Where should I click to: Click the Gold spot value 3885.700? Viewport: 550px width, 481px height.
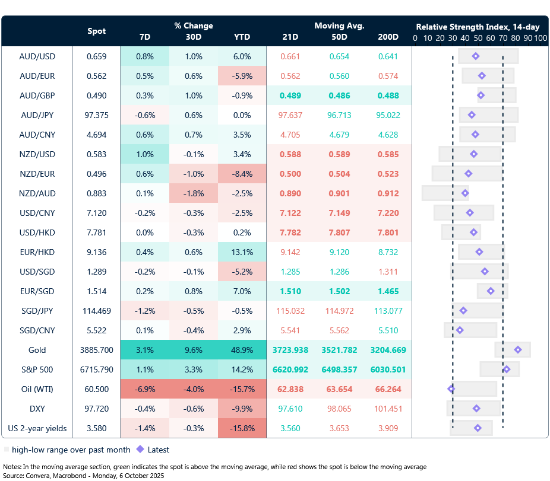(x=97, y=350)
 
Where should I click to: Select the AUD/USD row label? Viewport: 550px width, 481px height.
(x=37, y=56)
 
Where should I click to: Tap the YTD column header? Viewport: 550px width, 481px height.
(x=242, y=37)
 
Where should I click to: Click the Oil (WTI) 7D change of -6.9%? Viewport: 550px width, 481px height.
(x=144, y=389)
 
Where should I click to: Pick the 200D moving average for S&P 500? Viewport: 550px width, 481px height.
(x=388, y=369)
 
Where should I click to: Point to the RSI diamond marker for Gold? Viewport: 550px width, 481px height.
(x=517, y=350)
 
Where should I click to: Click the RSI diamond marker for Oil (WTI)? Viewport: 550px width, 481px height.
(x=451, y=389)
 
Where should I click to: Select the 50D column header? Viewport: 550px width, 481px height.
(x=339, y=37)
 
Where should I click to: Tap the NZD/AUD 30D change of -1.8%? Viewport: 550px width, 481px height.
(x=193, y=193)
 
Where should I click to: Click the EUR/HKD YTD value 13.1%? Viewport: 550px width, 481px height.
(x=242, y=252)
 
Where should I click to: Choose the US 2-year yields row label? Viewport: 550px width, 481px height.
(x=37, y=428)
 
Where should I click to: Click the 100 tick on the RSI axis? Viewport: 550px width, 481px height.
(x=540, y=38)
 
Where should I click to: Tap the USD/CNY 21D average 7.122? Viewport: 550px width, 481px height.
(x=290, y=213)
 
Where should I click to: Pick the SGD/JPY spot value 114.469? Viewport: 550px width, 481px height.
(x=97, y=311)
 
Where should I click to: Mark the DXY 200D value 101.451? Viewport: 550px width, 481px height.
(x=388, y=409)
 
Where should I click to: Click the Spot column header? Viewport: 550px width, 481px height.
(x=97, y=31)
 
